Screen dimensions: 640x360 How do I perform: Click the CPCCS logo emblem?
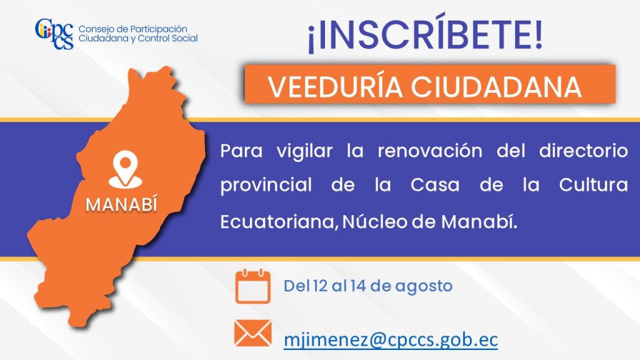tap(54, 34)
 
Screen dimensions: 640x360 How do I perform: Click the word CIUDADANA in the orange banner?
tap(496, 87)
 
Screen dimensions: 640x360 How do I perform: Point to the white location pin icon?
tap(125, 169)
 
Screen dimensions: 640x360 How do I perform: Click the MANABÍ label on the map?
tap(122, 204)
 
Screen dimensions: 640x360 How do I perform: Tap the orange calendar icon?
tap(252, 286)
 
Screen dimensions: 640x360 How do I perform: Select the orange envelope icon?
tap(252, 333)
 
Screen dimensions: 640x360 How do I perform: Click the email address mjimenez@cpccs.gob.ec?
tap(391, 339)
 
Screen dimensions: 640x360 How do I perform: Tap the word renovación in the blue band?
tap(430, 151)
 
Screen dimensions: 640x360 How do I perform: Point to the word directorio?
tap(583, 151)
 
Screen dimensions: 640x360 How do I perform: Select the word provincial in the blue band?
tap(266, 186)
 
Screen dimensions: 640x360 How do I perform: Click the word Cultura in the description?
tap(593, 185)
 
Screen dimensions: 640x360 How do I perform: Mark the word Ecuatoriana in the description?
tap(279, 222)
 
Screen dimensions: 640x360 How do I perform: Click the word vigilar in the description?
tap(304, 152)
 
